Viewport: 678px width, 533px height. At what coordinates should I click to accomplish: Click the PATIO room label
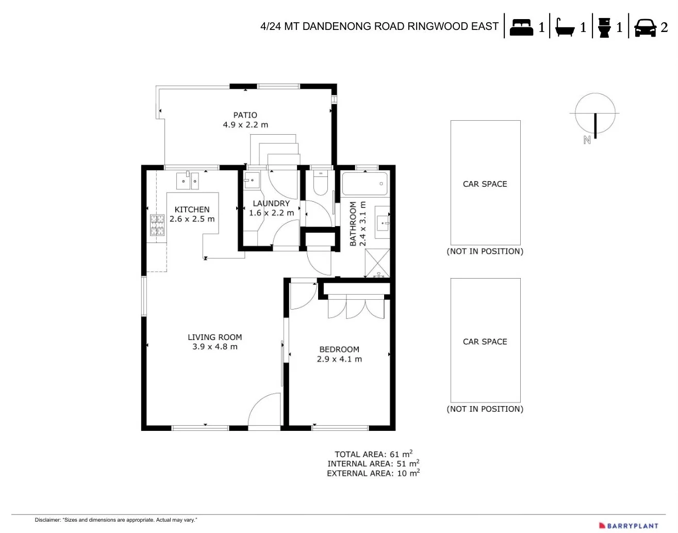click(245, 115)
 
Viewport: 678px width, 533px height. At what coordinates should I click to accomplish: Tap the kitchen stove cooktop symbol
click(157, 225)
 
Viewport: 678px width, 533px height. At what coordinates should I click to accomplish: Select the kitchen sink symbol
click(187, 181)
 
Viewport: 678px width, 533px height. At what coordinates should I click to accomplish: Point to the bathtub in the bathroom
click(365, 184)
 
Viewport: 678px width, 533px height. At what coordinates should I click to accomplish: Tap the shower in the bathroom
click(377, 264)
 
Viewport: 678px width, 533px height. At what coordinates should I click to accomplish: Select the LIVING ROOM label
click(214, 337)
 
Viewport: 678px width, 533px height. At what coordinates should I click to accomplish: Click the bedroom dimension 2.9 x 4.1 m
click(339, 359)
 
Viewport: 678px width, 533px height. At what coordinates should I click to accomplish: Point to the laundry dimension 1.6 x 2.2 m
click(271, 213)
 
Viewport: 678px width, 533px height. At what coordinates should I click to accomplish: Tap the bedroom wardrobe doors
click(356, 308)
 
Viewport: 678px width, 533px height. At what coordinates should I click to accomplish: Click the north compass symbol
click(595, 115)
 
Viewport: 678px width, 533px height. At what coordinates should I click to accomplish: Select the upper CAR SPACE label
click(485, 184)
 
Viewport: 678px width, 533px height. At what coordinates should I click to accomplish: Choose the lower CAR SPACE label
click(485, 342)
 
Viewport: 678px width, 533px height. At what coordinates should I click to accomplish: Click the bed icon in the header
click(521, 27)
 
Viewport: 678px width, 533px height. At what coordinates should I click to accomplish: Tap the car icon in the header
click(645, 27)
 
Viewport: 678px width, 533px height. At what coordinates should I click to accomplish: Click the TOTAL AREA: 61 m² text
click(373, 454)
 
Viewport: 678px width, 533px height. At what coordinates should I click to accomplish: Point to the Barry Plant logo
click(629, 525)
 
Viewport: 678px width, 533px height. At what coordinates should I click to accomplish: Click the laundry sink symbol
click(252, 181)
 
